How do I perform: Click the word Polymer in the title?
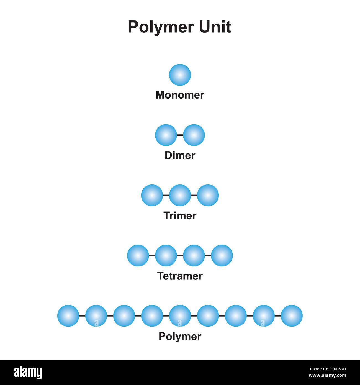pos(161,27)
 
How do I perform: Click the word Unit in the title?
pos(215,27)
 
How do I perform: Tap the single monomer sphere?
pos(180,75)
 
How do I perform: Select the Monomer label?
pos(180,95)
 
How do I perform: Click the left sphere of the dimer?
pos(166,135)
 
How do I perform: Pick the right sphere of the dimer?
pos(194,135)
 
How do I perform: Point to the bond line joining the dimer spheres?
pos(180,135)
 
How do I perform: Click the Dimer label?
pos(180,155)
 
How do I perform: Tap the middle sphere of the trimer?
pos(180,195)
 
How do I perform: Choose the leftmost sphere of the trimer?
pos(152,195)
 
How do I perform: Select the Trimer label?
pos(180,216)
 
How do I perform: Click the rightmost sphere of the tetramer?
pos(222,255)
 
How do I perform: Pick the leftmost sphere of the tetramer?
pos(138,255)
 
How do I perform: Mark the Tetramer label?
pos(180,276)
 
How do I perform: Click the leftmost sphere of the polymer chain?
pos(68,316)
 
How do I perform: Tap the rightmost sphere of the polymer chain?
pos(292,316)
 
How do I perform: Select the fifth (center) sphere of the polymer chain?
pos(180,316)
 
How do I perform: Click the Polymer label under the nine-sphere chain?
pos(180,337)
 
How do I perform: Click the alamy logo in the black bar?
pos(28,373)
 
